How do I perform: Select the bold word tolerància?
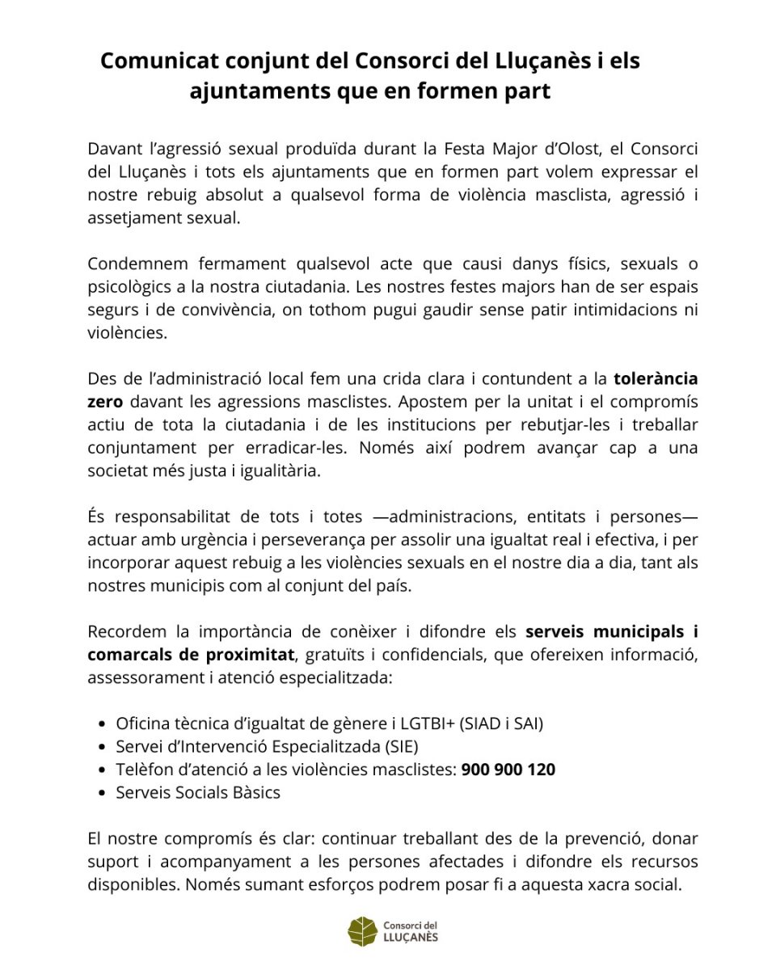[656, 379]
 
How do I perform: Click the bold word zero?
[104, 402]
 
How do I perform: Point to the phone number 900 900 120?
[508, 770]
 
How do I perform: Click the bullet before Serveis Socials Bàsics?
[101, 793]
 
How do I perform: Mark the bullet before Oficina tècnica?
[101, 724]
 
